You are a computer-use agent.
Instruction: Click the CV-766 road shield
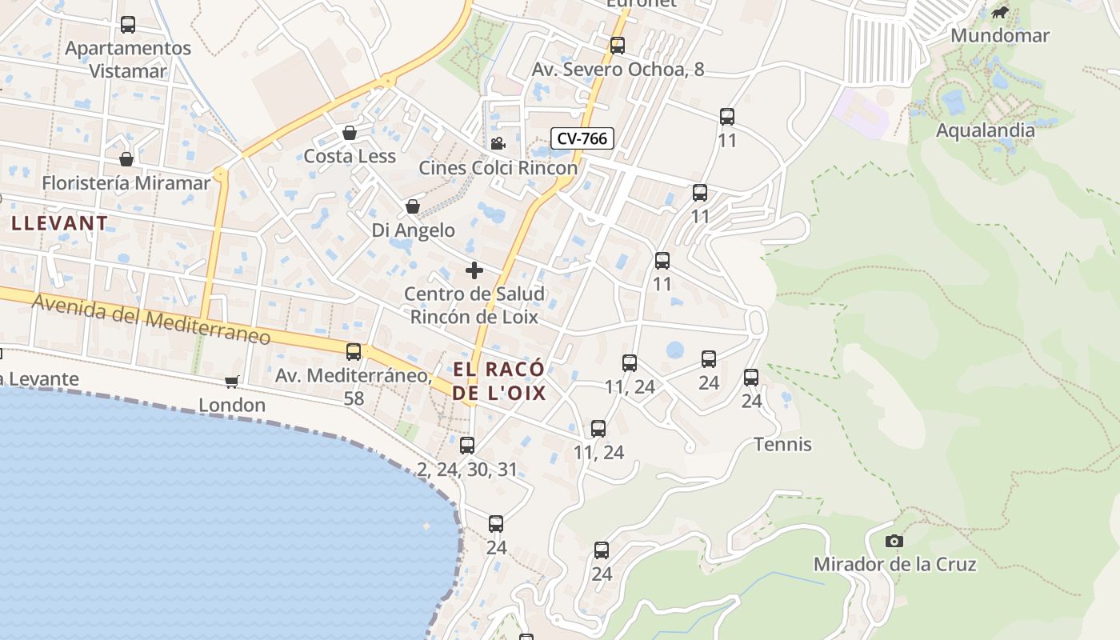582,138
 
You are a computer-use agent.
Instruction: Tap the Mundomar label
1000,36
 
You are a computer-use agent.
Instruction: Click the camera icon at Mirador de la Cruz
894,542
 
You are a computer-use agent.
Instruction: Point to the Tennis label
782,445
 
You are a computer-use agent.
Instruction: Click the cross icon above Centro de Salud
474,270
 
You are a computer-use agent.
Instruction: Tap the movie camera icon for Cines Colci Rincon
498,143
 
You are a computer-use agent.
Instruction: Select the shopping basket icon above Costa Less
350,133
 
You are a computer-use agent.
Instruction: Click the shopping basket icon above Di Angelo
413,207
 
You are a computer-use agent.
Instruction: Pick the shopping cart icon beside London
232,382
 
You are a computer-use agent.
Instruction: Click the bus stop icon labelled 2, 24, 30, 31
467,446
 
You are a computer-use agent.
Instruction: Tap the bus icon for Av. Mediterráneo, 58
354,352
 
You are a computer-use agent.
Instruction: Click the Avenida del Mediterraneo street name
151,318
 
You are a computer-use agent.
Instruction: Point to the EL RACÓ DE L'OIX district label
499,381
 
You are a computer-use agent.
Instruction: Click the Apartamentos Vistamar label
128,59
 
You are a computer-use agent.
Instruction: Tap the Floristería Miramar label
126,183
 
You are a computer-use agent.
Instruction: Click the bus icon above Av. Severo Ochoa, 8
618,46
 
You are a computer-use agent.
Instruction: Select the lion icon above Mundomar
1000,12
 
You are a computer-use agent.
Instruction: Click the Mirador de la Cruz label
894,565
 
